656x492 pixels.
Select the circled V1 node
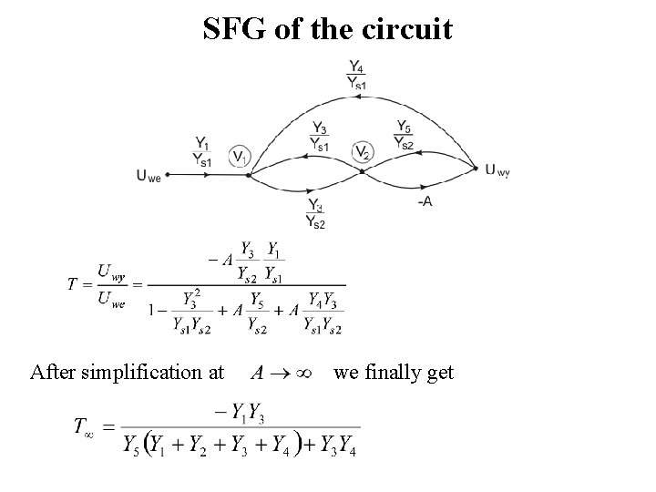tap(238, 157)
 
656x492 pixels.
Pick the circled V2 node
tap(363, 152)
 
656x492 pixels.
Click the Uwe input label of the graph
tap(149, 178)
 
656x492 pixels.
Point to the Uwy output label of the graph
tap(497, 169)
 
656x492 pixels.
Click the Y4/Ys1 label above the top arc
tap(357, 74)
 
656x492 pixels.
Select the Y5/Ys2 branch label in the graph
tap(404, 134)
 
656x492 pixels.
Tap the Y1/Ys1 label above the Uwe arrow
tap(202, 150)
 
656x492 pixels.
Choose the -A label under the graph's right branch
tap(425, 200)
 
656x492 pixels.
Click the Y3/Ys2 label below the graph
tap(315, 213)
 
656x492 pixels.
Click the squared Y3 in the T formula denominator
tap(192, 300)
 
